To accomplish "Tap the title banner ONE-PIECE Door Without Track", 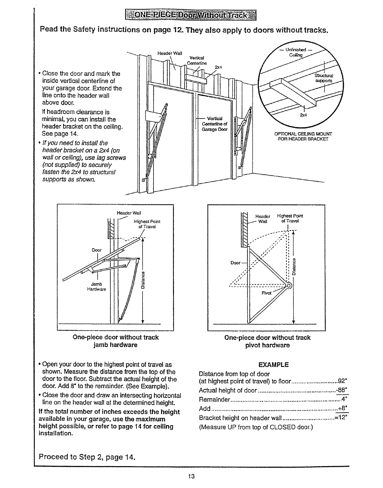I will (191, 15).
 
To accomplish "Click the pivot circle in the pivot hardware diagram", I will (289, 286).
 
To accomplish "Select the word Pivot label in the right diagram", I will (266, 293).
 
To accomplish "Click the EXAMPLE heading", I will (274, 365).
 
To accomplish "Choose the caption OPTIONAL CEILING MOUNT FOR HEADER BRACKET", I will (303, 136).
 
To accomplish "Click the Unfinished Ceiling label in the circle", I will (295, 52).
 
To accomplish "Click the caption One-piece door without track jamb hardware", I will (115, 341).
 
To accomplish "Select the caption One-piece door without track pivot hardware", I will (267, 341).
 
